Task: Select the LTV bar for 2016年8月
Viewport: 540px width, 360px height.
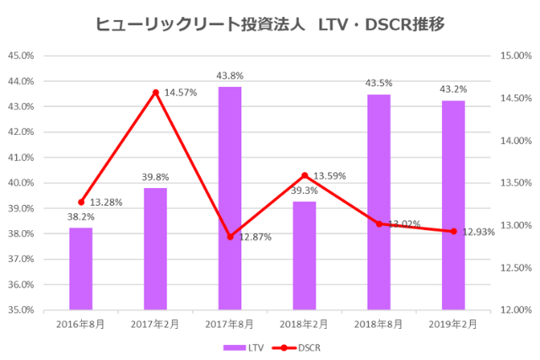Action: point(81,268)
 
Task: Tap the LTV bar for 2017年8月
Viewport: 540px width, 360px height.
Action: point(229,198)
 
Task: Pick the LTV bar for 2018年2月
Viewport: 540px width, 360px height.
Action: point(305,255)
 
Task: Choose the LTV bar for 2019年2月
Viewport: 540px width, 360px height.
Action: point(453,205)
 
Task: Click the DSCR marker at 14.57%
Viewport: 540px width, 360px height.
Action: point(155,93)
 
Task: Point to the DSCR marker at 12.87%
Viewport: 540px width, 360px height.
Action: point(229,237)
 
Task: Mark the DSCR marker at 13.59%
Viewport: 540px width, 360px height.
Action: point(305,175)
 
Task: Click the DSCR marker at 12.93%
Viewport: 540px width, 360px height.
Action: point(453,231)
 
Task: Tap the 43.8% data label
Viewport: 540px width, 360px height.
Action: point(229,76)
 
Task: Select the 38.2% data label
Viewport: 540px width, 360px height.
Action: point(81,217)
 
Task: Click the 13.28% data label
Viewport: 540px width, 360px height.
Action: point(107,202)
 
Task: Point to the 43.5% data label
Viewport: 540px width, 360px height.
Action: point(379,83)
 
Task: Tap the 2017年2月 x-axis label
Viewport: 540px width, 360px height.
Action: point(155,323)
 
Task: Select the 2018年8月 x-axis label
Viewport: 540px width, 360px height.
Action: point(379,323)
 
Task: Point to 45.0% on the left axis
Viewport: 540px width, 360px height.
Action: point(20,56)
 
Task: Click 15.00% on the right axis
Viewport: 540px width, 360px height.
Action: point(514,56)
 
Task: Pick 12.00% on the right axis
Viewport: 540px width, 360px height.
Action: point(514,309)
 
